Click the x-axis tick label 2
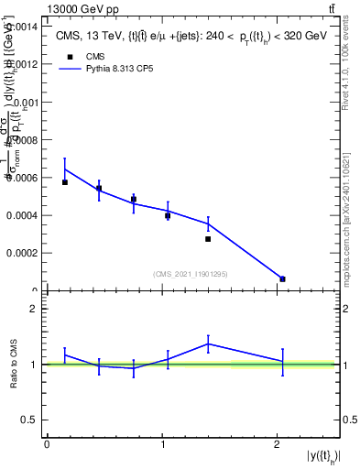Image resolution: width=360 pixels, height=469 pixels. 278,444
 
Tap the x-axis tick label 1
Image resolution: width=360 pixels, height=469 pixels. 162,444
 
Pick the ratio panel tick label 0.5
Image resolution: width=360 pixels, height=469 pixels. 30,420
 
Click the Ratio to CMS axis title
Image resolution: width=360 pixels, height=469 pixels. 14,365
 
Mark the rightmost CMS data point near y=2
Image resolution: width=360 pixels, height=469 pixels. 282,278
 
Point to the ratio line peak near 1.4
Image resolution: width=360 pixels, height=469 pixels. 209,344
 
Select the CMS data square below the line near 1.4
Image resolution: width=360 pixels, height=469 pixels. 208,239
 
